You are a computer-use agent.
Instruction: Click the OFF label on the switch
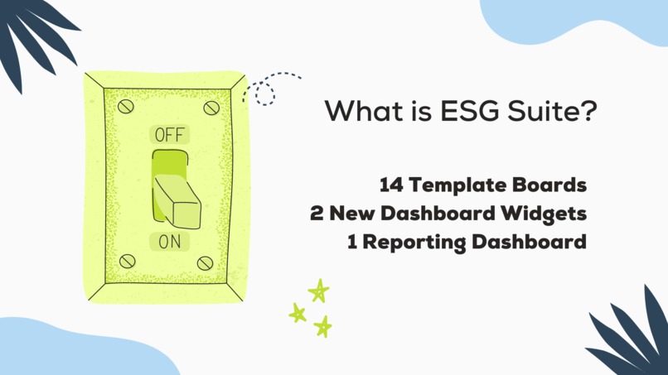(171, 135)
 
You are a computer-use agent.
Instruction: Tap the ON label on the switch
(169, 242)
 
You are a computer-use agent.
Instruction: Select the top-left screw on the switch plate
(125, 107)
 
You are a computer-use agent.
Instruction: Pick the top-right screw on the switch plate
(211, 108)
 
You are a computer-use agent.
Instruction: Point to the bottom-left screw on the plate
(126, 262)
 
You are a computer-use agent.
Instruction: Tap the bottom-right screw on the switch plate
(205, 263)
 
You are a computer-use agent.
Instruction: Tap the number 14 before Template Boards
(392, 185)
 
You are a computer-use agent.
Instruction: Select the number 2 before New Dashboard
(317, 214)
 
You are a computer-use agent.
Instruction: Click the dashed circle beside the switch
(265, 94)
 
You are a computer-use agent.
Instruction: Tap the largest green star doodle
(319, 291)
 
